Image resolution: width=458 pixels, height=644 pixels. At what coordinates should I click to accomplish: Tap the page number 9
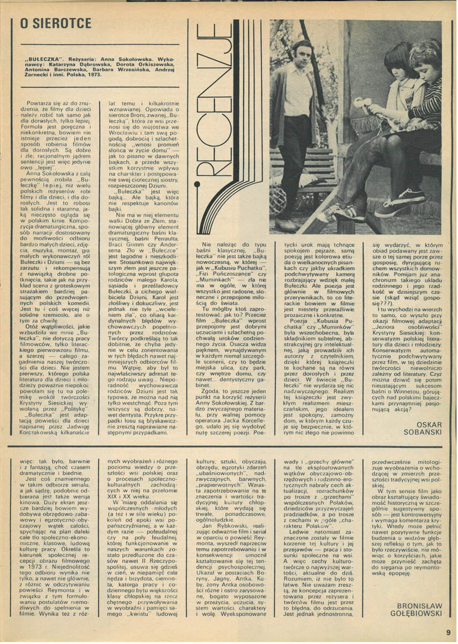[447, 632]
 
